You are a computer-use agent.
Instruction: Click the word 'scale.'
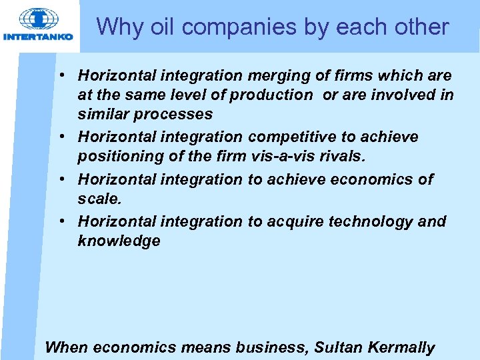[x=99, y=199]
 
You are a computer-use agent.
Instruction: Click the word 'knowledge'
[x=119, y=241]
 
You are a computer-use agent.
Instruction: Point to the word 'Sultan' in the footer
[x=337, y=347]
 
